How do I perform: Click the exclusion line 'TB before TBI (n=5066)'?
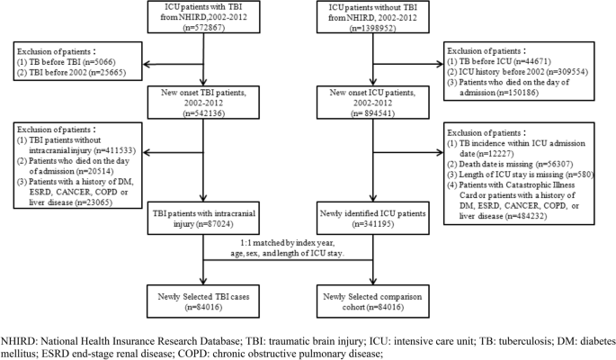[64, 64]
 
